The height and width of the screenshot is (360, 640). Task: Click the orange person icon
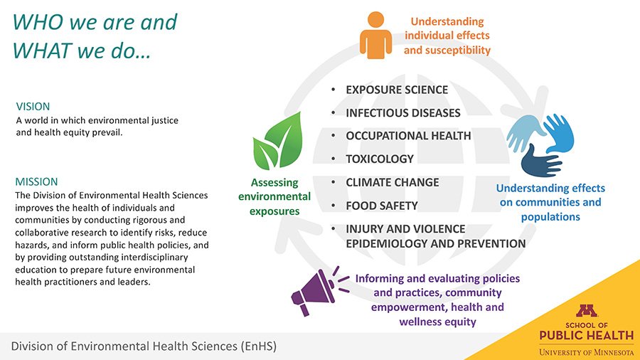point(375,35)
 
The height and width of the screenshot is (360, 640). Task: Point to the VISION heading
point(33,107)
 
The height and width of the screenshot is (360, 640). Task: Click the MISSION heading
point(36,181)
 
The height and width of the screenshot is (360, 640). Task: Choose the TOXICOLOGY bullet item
point(380,159)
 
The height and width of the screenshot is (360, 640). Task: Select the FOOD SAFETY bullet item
point(382,206)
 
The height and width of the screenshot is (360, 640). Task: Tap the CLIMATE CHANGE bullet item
point(393,182)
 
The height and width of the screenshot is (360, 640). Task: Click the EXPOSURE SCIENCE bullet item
point(397,90)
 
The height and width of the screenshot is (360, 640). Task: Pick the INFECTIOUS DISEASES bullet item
point(403,112)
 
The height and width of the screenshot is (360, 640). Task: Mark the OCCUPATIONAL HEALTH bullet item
point(408,135)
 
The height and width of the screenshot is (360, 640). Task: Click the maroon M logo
point(587,311)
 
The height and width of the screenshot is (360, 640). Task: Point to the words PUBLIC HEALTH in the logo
point(587,336)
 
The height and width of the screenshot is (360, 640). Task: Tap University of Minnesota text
point(587,352)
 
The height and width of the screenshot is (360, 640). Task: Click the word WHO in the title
point(38,22)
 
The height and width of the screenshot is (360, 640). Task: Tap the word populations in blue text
point(550,217)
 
